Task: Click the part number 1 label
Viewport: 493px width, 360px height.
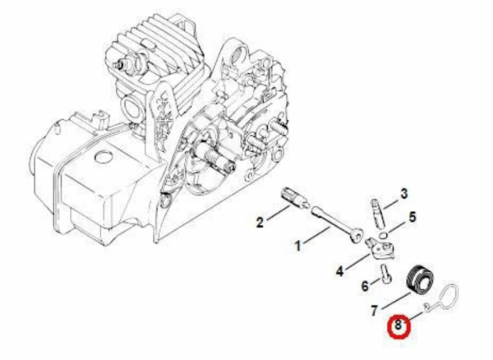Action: point(297,246)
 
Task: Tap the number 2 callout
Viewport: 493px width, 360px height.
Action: point(260,223)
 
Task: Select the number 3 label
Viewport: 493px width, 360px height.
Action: point(403,194)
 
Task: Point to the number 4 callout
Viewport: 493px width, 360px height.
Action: point(339,271)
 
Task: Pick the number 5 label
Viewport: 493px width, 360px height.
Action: point(412,217)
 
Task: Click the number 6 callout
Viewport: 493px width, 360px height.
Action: point(365,286)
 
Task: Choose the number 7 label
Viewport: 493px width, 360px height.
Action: point(374,311)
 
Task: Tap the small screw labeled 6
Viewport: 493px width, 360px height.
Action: point(386,274)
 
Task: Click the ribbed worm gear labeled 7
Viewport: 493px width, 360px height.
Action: point(420,279)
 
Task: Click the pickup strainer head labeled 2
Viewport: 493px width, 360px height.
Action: point(293,199)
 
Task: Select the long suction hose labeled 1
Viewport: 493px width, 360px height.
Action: point(335,224)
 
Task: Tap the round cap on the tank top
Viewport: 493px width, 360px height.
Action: point(104,156)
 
